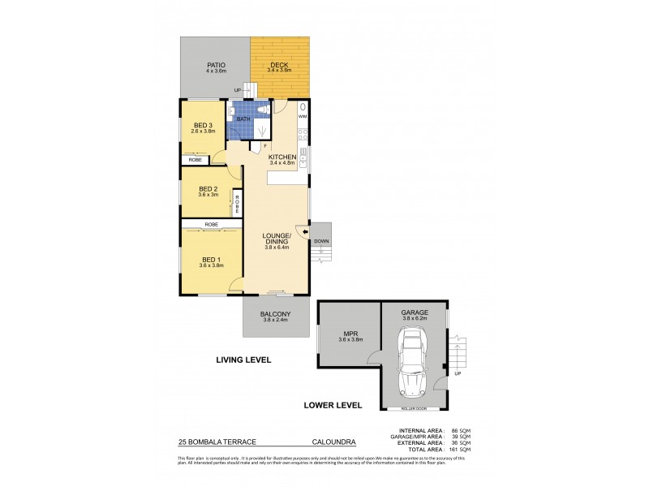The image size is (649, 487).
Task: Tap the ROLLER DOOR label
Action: click(x=415, y=408)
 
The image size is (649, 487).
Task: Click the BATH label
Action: click(x=243, y=119)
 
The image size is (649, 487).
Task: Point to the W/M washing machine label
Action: click(x=302, y=118)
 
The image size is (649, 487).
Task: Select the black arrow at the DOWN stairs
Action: click(x=304, y=232)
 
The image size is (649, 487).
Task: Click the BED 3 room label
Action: click(x=203, y=125)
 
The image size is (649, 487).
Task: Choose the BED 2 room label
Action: click(x=208, y=188)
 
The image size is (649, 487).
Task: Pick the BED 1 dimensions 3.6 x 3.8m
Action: click(x=211, y=265)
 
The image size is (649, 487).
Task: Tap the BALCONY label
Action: click(x=275, y=313)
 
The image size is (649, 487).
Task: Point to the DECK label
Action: click(x=280, y=64)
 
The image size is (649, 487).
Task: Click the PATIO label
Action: click(x=215, y=64)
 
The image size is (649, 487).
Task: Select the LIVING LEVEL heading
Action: click(x=243, y=359)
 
